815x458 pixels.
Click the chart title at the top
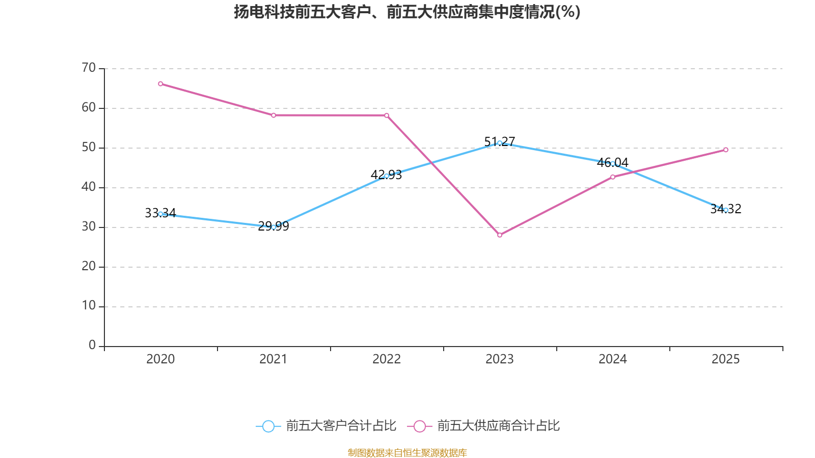point(407,12)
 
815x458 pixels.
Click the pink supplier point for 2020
point(160,83)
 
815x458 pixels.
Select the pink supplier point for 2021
point(274,116)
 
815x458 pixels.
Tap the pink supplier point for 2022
point(387,116)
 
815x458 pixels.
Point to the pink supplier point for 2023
point(500,235)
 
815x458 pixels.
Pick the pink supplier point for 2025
point(726,150)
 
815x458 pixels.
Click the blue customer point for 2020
point(160,214)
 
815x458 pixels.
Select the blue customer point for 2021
point(274,227)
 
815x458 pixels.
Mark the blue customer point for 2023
point(500,143)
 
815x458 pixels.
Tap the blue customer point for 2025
point(726,210)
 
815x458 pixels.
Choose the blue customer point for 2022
point(387,176)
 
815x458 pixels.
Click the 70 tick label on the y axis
point(89,68)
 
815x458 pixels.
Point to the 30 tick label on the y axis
point(89,226)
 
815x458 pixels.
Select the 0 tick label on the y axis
point(92,346)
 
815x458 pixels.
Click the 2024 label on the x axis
point(613,359)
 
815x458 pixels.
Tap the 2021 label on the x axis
point(274,359)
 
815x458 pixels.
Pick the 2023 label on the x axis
point(500,359)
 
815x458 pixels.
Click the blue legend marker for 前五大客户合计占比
point(268,426)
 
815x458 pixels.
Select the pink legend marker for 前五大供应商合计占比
point(419,426)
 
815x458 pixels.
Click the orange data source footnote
point(407,452)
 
